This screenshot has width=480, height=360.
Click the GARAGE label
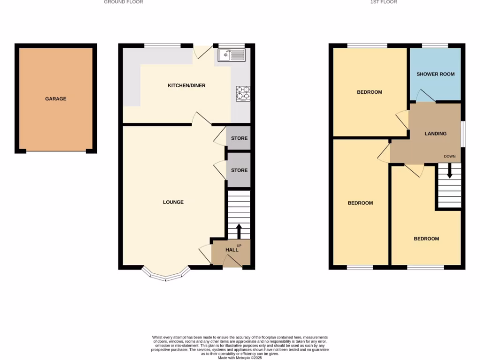55,99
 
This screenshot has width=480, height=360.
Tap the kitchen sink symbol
231,55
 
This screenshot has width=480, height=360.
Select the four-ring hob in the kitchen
243,93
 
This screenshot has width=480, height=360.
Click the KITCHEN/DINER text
187,85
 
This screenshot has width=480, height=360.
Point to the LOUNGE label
173,202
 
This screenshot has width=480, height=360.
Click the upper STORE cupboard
239,138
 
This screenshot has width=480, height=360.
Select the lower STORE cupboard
239,170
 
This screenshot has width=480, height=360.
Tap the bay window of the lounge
166,275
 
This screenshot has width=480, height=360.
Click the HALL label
232,250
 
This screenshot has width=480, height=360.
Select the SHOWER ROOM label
435,74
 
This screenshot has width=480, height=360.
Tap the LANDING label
435,134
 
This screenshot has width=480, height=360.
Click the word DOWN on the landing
450,157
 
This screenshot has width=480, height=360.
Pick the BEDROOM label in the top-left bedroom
369,92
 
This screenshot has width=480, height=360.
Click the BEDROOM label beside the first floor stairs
426,239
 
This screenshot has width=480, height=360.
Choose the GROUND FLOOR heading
123,2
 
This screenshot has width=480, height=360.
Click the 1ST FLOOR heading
383,2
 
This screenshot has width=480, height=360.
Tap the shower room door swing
425,96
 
